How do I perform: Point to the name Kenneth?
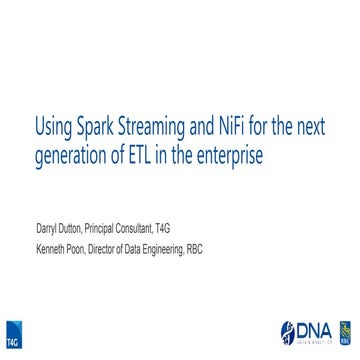pos(53,249)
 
